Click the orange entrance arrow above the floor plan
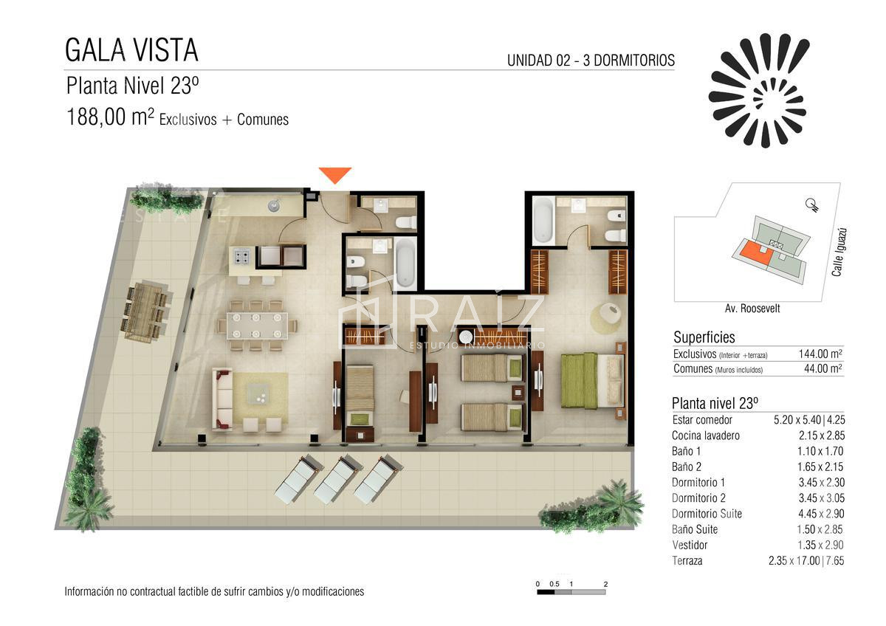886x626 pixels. coord(335,175)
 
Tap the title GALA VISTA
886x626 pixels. coord(131,50)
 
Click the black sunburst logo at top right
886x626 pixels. coord(759,90)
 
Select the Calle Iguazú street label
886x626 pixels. coord(837,252)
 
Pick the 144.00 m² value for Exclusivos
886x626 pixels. coord(820,354)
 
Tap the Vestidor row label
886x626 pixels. coord(690,545)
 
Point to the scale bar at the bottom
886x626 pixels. coord(571,591)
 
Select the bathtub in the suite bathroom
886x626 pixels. coord(543,219)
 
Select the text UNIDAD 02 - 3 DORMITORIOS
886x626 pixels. coord(591,61)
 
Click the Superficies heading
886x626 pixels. coord(704,337)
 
